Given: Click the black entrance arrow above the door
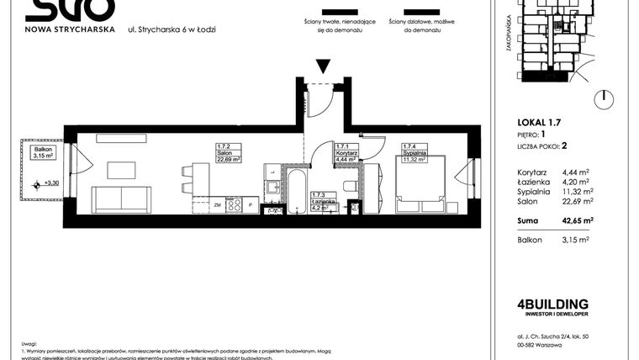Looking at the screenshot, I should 324,67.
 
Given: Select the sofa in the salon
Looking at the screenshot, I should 122,199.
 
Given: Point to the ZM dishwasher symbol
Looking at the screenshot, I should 217,204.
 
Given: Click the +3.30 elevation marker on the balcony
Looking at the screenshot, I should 50,183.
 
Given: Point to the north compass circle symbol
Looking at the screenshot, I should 601,100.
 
